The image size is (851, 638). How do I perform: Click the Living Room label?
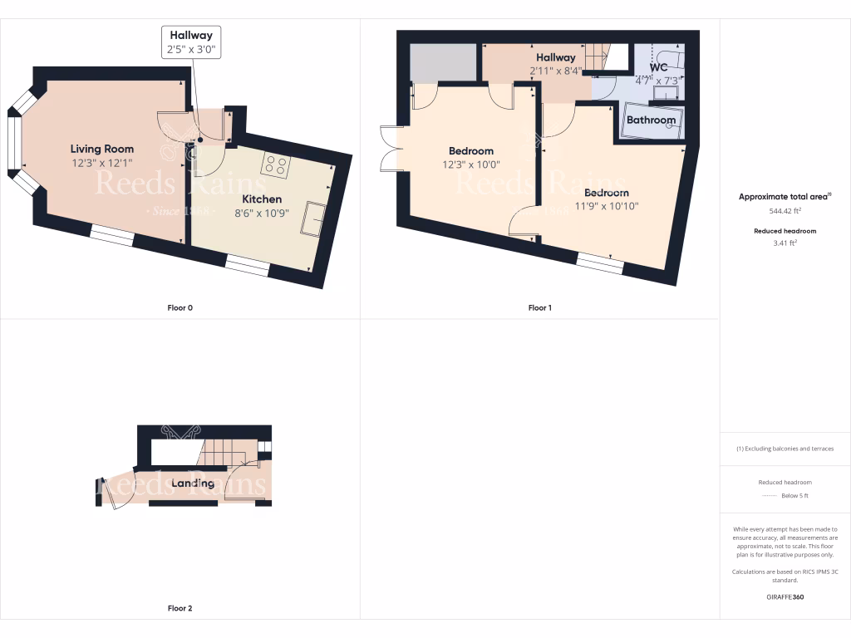click(x=102, y=149)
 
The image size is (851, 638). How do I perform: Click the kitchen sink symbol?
click(x=317, y=218)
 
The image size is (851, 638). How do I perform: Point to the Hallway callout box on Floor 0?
click(x=191, y=42)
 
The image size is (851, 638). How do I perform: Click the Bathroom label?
click(x=651, y=120)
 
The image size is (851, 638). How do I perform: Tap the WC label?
click(x=658, y=67)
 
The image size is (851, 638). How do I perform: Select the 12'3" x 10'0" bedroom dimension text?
click(x=471, y=164)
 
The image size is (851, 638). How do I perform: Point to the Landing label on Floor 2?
click(x=193, y=483)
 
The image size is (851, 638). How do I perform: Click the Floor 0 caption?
click(x=180, y=308)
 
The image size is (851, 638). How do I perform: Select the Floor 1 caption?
click(x=539, y=308)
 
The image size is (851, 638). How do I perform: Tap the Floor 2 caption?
click(x=180, y=608)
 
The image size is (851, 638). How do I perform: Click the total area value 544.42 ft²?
click(x=785, y=211)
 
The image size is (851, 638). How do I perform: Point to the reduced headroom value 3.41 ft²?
click(x=785, y=243)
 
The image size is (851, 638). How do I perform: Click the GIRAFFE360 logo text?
click(x=785, y=596)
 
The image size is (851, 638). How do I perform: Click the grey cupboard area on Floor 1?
click(x=443, y=62)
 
